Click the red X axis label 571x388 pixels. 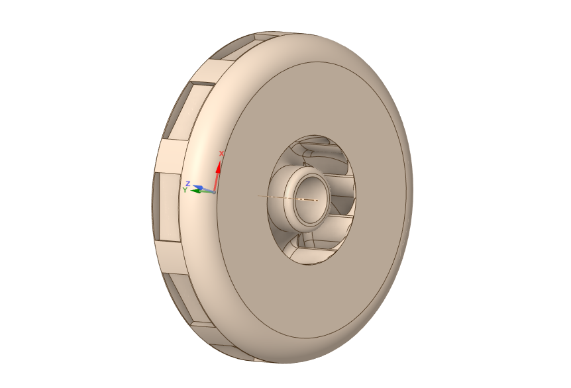pos(221,154)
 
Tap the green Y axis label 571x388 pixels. pos(185,190)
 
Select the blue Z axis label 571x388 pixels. pos(188,183)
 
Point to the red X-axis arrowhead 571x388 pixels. pos(219,167)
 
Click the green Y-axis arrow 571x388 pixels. pos(202,191)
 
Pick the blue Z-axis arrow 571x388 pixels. pos(204,189)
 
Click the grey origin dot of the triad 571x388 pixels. pos(214,192)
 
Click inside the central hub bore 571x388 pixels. pos(309,199)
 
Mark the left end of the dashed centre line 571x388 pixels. pos(258,196)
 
